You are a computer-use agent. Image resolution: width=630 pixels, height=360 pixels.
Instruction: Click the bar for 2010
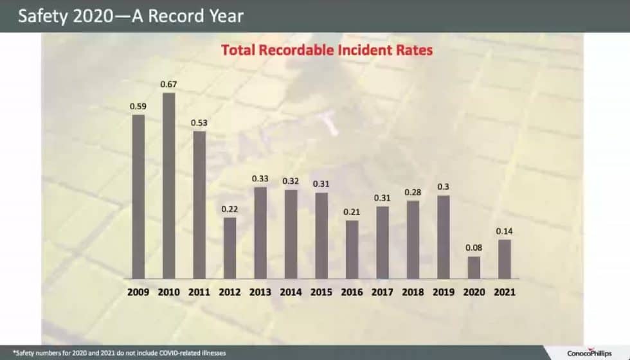coord(169,186)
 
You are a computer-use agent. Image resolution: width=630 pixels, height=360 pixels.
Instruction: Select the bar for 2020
coord(474,267)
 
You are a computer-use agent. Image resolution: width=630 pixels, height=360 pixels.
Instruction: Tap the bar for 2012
coord(230,248)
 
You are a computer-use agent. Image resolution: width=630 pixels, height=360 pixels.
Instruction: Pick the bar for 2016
coord(352,249)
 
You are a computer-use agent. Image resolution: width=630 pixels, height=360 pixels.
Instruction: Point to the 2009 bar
coord(138,197)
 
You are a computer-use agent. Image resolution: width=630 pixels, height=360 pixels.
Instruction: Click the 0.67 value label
coord(169,84)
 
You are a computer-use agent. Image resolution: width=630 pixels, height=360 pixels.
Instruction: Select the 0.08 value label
coord(474,248)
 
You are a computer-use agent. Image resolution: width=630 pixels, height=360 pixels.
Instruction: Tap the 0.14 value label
coord(505,231)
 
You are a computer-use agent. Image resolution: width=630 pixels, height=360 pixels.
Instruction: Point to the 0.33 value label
coord(260,179)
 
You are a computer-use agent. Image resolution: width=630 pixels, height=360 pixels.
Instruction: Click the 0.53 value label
coord(199,122)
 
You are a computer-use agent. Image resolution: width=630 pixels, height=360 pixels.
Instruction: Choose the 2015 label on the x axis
coord(321,292)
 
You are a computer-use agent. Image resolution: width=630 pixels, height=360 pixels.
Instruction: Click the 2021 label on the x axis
coord(505,292)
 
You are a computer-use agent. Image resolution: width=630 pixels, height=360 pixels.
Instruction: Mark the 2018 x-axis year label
coord(413,292)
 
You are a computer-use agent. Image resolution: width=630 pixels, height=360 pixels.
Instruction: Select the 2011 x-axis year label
coord(199,292)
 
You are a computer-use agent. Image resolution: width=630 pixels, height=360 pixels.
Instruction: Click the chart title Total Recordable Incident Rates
coord(327,49)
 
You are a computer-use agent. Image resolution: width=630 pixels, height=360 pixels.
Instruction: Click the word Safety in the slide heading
coord(41,15)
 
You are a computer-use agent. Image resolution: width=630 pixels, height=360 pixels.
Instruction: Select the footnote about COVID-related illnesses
coord(120,353)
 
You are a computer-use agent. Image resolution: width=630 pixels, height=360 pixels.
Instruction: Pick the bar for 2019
coord(444,237)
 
